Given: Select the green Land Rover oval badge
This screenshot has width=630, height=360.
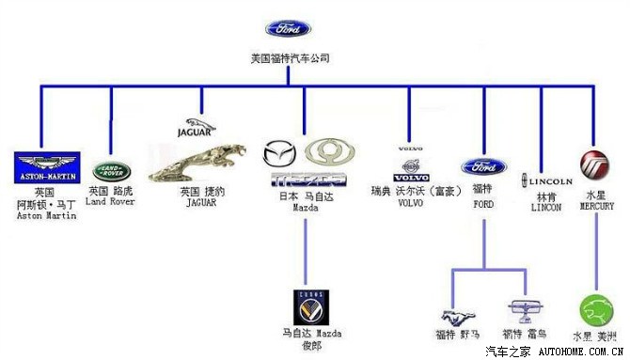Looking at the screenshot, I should [x=112, y=171].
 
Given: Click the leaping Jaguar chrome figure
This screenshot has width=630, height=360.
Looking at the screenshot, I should [x=201, y=163].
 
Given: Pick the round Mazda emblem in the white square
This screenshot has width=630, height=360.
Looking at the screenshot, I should [x=278, y=153].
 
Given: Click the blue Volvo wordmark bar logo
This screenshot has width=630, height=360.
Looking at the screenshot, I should [x=410, y=177].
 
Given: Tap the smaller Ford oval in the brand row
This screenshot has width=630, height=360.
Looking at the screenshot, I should [x=483, y=167].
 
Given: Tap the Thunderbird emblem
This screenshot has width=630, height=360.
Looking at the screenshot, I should [x=524, y=309].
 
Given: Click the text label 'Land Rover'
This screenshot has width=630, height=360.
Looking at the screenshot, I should [x=111, y=201].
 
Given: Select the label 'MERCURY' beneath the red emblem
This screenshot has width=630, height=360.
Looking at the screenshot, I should [x=596, y=206].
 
